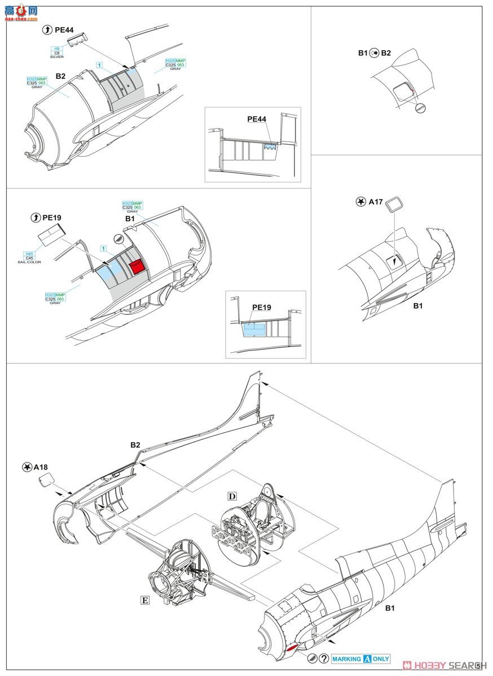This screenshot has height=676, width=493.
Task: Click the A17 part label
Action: [376, 202]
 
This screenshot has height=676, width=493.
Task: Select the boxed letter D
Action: [232, 496]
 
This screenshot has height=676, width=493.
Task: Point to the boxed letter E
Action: [145, 601]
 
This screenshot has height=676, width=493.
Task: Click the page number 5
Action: [478, 665]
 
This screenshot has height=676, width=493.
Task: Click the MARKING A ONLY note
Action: [360, 659]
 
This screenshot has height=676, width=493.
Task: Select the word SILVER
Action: [57, 57]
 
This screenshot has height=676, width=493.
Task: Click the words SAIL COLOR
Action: [30, 262]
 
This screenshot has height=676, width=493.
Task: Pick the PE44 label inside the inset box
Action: [257, 119]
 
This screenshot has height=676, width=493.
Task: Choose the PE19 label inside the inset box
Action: [261, 307]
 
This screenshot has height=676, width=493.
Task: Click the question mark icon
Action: [323, 659]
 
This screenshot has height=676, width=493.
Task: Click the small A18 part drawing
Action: [47, 481]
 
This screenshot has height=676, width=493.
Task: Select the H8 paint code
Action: [57, 48]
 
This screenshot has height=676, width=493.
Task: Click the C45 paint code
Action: [29, 257]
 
